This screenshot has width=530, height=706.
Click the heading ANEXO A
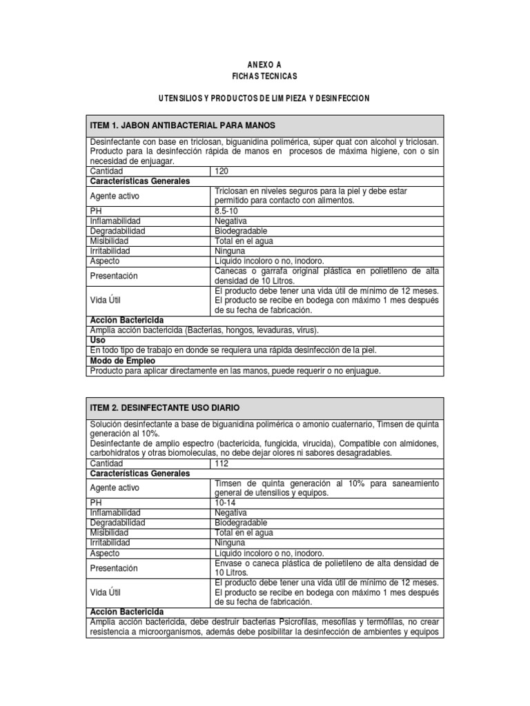pyautogui.click(x=264, y=64)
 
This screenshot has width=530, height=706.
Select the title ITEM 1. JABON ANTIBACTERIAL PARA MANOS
pyautogui.click(x=183, y=125)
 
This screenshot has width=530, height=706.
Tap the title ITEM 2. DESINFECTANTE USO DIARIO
pyautogui.click(x=165, y=408)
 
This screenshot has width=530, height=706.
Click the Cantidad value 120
pyautogui.click(x=222, y=170)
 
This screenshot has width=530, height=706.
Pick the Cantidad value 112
pyautogui.click(x=222, y=464)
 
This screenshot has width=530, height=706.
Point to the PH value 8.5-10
pyautogui.click(x=226, y=210)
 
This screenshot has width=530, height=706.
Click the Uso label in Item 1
pyautogui.click(x=97, y=340)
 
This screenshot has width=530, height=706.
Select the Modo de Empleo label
pyautogui.click(x=123, y=361)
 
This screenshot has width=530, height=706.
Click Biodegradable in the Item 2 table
pyautogui.click(x=241, y=523)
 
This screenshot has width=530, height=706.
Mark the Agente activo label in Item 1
pyautogui.click(x=115, y=196)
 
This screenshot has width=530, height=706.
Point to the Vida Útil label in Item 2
pyautogui.click(x=106, y=592)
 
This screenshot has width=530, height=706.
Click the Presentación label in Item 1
pyautogui.click(x=114, y=276)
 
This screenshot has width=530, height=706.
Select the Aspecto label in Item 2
pyautogui.click(x=105, y=553)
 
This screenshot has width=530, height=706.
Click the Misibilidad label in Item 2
pyautogui.click(x=110, y=533)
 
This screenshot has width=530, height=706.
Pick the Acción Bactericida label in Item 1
pyautogui.click(x=127, y=320)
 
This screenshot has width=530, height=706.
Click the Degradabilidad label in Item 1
pyautogui.click(x=117, y=231)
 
